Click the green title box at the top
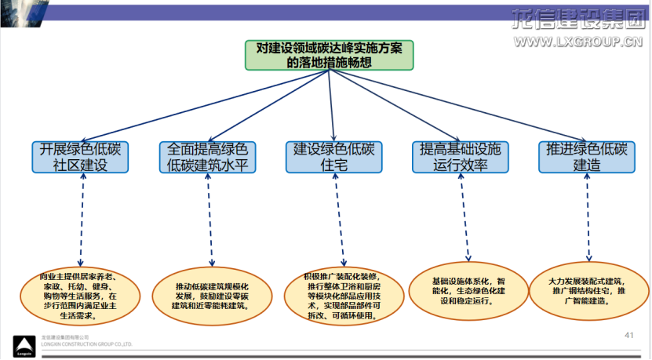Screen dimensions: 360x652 pyautogui.click(x=329, y=55)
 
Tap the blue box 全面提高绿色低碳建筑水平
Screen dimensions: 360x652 pyautogui.click(x=208, y=157)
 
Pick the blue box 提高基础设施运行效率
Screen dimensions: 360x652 pyautogui.click(x=461, y=157)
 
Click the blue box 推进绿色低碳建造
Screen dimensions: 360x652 pyautogui.click(x=587, y=157)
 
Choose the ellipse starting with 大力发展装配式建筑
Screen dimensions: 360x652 pyautogui.click(x=588, y=290)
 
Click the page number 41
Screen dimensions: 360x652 pyautogui.click(x=628, y=336)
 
